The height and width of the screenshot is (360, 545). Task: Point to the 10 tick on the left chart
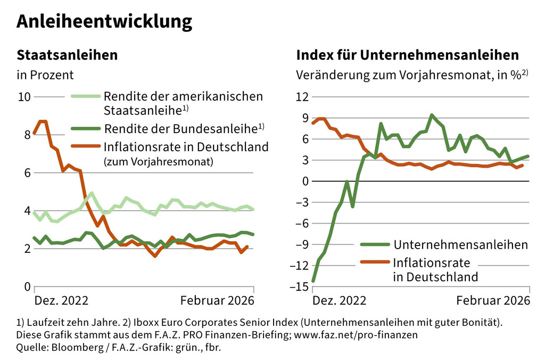(x=24, y=97)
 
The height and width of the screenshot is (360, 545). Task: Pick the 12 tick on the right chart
(x=302, y=97)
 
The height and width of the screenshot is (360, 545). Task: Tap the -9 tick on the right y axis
(x=302, y=245)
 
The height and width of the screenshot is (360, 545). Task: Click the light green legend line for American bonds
(x=85, y=97)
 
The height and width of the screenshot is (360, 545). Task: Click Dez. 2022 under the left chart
(x=61, y=300)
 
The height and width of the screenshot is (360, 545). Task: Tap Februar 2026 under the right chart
(x=493, y=300)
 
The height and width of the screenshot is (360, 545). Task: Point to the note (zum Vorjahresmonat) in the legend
(x=158, y=162)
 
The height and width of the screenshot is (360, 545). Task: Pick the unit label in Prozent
(x=45, y=75)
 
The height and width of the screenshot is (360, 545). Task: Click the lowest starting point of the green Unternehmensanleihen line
(x=313, y=281)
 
